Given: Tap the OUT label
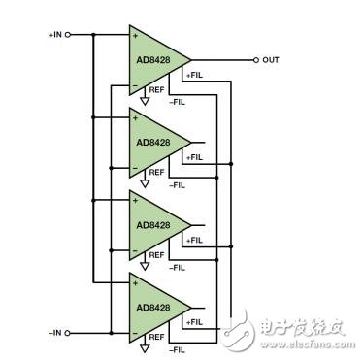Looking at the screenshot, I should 271,59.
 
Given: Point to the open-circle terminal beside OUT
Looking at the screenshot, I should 255,59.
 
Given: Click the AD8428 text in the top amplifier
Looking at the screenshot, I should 151,59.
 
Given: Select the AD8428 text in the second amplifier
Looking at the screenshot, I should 151,142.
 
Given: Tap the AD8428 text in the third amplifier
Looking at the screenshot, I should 151,224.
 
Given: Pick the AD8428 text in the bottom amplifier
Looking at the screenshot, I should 151,305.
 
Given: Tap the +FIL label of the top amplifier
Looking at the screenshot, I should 192,75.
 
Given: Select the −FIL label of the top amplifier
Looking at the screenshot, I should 178,100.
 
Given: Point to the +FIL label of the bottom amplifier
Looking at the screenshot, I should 192,321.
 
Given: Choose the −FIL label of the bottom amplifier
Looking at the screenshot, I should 178,346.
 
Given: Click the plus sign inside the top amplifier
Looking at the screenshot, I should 136,36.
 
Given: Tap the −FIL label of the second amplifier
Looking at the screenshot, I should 178,182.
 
